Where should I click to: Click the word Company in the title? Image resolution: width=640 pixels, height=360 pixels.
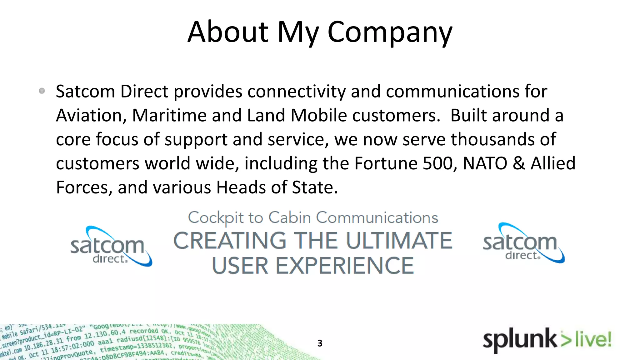click(x=390, y=32)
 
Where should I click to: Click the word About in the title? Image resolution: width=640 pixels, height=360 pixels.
click(x=228, y=32)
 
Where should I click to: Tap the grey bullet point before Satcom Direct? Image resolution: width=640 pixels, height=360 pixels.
click(x=42, y=91)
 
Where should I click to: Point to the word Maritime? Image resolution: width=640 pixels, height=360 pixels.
click(x=169, y=115)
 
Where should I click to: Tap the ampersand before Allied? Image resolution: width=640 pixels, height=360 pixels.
click(x=519, y=163)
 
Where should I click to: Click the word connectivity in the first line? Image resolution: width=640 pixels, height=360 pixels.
click(x=297, y=92)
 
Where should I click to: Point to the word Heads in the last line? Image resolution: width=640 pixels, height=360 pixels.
click(x=241, y=187)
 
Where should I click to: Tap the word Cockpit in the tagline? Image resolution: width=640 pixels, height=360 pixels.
click(x=216, y=218)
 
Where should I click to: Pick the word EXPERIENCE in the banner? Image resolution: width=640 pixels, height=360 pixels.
click(x=344, y=266)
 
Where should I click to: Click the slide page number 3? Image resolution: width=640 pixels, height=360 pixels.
click(x=320, y=343)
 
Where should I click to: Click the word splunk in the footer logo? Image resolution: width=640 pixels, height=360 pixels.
click(x=519, y=340)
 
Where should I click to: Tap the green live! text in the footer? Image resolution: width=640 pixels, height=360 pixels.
click(x=593, y=339)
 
